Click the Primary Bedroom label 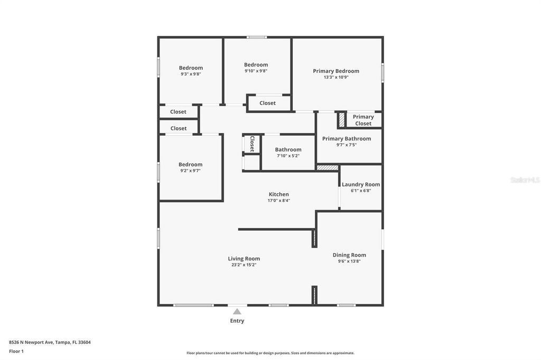point(336,71)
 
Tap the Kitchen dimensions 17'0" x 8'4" point(279,201)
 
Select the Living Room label point(244,259)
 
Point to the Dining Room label point(349,255)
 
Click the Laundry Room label point(361,185)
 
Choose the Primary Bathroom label point(347,139)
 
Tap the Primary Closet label point(363,120)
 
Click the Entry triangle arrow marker point(237,311)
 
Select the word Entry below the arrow point(237,321)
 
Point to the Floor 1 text point(16,351)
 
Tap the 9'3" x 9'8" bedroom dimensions point(191,74)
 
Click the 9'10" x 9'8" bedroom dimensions point(256,71)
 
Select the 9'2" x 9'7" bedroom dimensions point(190,171)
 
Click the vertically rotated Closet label point(252,144)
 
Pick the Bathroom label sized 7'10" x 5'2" point(288,150)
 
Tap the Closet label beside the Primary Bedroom point(267,103)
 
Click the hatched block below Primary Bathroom point(328,167)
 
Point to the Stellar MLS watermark point(525,180)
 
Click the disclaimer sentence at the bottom point(270,353)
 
